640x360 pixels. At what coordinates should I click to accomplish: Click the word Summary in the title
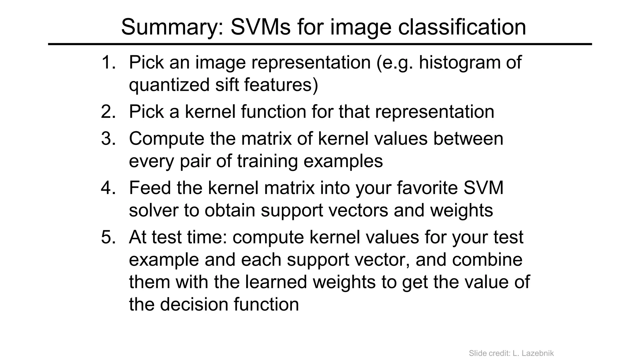click(172, 27)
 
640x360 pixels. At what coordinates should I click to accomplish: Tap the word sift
click(227, 85)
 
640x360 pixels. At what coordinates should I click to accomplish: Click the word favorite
click(427, 188)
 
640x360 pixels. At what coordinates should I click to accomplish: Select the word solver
click(153, 210)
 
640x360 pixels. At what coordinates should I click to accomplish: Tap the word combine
click(487, 260)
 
